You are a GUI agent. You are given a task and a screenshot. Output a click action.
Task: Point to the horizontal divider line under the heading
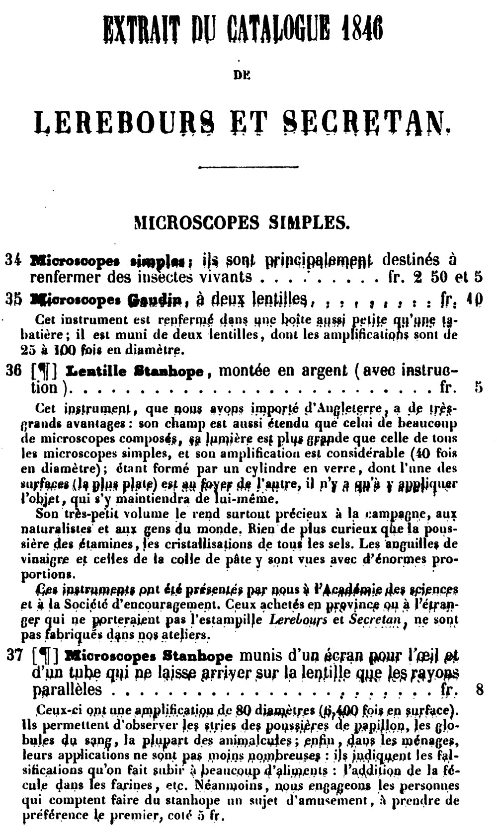[248, 167]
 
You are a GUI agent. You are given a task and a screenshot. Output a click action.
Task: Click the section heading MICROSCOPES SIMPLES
[242, 222]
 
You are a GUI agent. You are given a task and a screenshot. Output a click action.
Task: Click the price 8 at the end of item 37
[480, 689]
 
